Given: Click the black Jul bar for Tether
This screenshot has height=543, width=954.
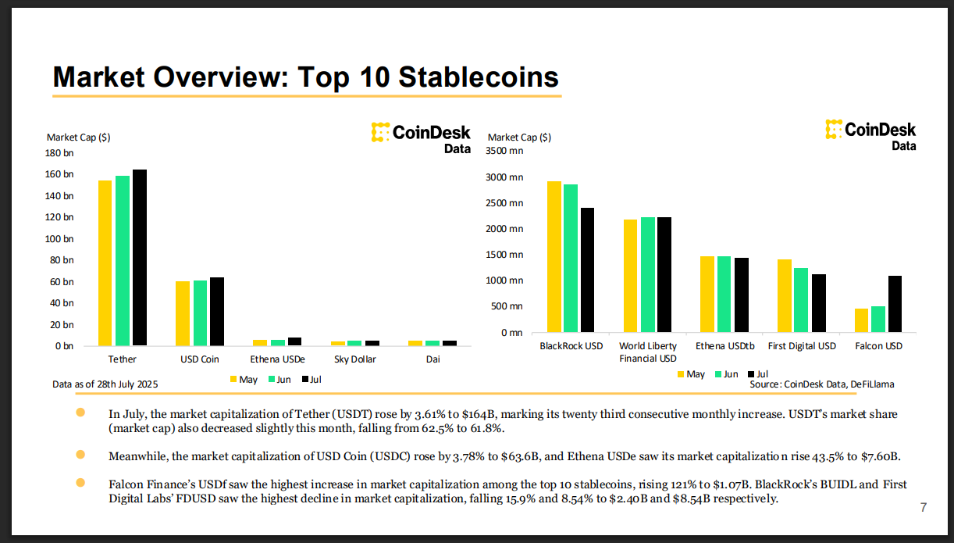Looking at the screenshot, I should [139, 257].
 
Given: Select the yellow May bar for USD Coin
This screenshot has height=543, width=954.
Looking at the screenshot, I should [183, 313].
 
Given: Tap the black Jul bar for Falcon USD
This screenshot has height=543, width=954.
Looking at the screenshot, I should [895, 304].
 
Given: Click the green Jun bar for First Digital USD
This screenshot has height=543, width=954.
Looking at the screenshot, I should [801, 300].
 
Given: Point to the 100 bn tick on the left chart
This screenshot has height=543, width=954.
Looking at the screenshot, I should [60, 238].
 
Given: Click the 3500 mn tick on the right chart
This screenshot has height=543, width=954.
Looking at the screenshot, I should [504, 151].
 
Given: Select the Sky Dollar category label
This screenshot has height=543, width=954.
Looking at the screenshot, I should [354, 359].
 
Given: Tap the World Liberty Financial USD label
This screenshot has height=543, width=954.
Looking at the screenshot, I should [648, 352].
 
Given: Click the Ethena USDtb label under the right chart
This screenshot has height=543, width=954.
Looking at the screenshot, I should [724, 345].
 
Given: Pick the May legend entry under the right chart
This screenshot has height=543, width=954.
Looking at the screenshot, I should [690, 374].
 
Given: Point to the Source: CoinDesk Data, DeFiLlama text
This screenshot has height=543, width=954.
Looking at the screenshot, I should [822, 384].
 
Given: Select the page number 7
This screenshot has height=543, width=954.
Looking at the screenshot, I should [924, 508].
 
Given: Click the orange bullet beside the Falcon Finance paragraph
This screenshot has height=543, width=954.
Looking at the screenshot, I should [80, 483].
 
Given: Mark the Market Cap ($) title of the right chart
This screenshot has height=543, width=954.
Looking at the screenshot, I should [519, 138].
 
